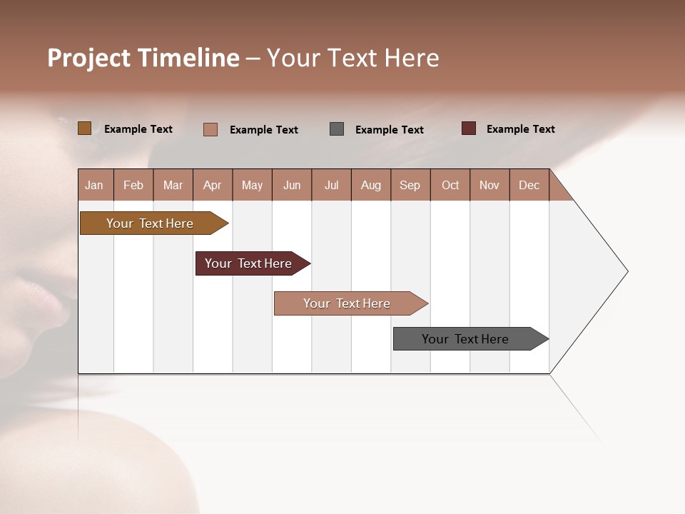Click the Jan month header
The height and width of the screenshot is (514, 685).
point(95,185)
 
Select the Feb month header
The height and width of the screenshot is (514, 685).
point(133,185)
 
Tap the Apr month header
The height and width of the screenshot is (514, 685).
point(213,185)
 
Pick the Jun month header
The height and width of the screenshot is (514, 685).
point(292,185)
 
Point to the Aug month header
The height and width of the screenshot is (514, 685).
point(371,185)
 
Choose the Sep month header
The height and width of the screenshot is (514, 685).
point(410,185)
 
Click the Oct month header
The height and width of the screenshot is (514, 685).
point(450,185)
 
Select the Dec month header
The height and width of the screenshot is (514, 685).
point(529,185)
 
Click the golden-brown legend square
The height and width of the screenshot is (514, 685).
point(85,128)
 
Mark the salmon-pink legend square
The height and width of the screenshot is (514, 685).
point(210,129)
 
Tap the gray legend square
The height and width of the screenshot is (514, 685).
point(337,129)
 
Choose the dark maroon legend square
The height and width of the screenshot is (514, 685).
point(469,128)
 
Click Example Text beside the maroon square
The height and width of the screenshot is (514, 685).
point(520,129)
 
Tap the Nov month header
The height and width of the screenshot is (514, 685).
point(489,185)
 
